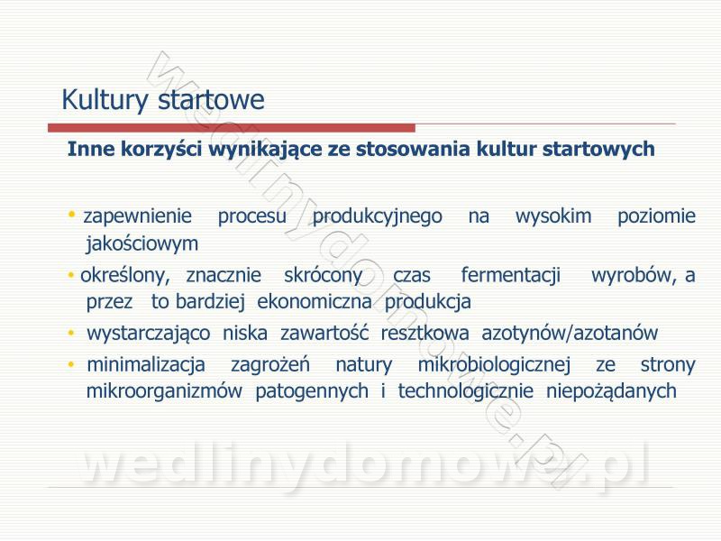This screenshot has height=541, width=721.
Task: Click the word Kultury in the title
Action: tap(105, 100)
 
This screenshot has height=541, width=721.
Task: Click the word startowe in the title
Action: tap(211, 100)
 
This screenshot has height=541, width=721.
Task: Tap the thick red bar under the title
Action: tap(232, 127)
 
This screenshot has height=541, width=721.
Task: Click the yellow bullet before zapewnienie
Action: tap(71, 214)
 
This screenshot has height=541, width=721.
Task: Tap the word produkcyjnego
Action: tap(377, 216)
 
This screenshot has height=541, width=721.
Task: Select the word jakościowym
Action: tap(142, 243)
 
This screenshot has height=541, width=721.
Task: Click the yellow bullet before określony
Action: tap(71, 275)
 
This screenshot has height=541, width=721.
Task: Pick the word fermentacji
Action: tap(510, 276)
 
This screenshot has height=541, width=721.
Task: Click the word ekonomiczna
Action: tap(314, 302)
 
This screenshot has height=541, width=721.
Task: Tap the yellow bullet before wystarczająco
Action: tap(71, 333)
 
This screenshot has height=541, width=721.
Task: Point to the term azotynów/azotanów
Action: tap(570, 334)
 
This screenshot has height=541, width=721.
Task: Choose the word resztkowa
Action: tap(424, 333)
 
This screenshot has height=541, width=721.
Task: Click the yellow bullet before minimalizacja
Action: tap(71, 364)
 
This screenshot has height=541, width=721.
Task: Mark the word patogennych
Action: tap(312, 392)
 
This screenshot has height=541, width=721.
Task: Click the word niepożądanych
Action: tap(611, 392)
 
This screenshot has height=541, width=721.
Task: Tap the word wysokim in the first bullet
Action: tap(553, 216)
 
